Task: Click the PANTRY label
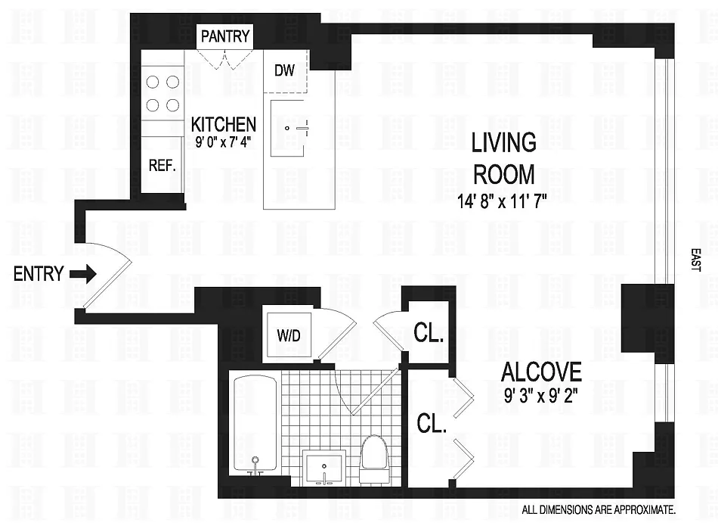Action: coord(225,36)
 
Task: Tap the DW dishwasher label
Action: coord(284,70)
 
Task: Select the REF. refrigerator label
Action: coord(162,165)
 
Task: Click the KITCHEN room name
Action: coord(224,124)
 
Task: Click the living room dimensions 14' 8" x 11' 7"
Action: coord(503,201)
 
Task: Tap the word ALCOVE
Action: coord(541,372)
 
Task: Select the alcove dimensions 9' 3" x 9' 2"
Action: coord(541,395)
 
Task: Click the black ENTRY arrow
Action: coord(83,274)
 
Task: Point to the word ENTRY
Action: coord(39,274)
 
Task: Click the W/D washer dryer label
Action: coord(289,336)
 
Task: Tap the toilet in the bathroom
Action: coord(373,459)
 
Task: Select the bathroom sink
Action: coord(324,467)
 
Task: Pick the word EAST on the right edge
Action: coord(695,260)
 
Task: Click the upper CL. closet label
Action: coord(429,334)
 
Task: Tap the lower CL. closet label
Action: coord(432,424)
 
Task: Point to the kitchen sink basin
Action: coord(287,129)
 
